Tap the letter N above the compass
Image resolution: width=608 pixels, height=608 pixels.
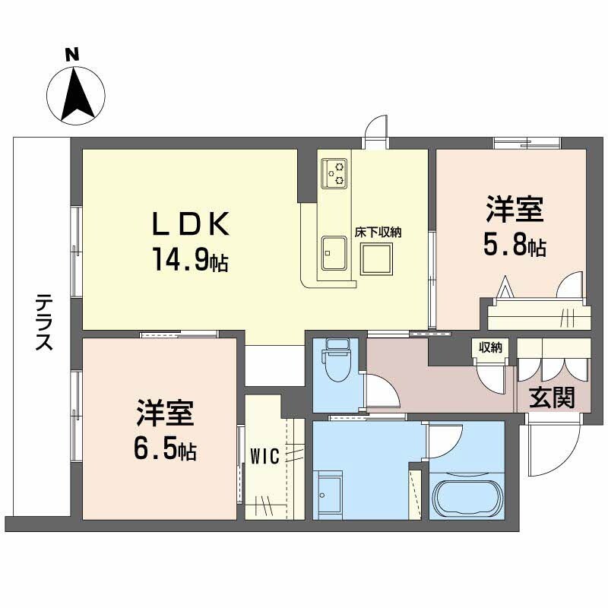point(72,55)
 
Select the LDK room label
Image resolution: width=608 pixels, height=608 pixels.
point(191,224)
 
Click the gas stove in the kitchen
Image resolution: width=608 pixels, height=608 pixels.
point(334,173)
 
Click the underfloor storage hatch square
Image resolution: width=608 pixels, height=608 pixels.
point(376,258)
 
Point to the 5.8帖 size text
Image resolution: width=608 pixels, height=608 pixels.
point(515,246)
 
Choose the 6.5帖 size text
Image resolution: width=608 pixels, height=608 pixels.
point(166,451)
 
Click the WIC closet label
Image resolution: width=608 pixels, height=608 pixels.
point(265,456)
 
